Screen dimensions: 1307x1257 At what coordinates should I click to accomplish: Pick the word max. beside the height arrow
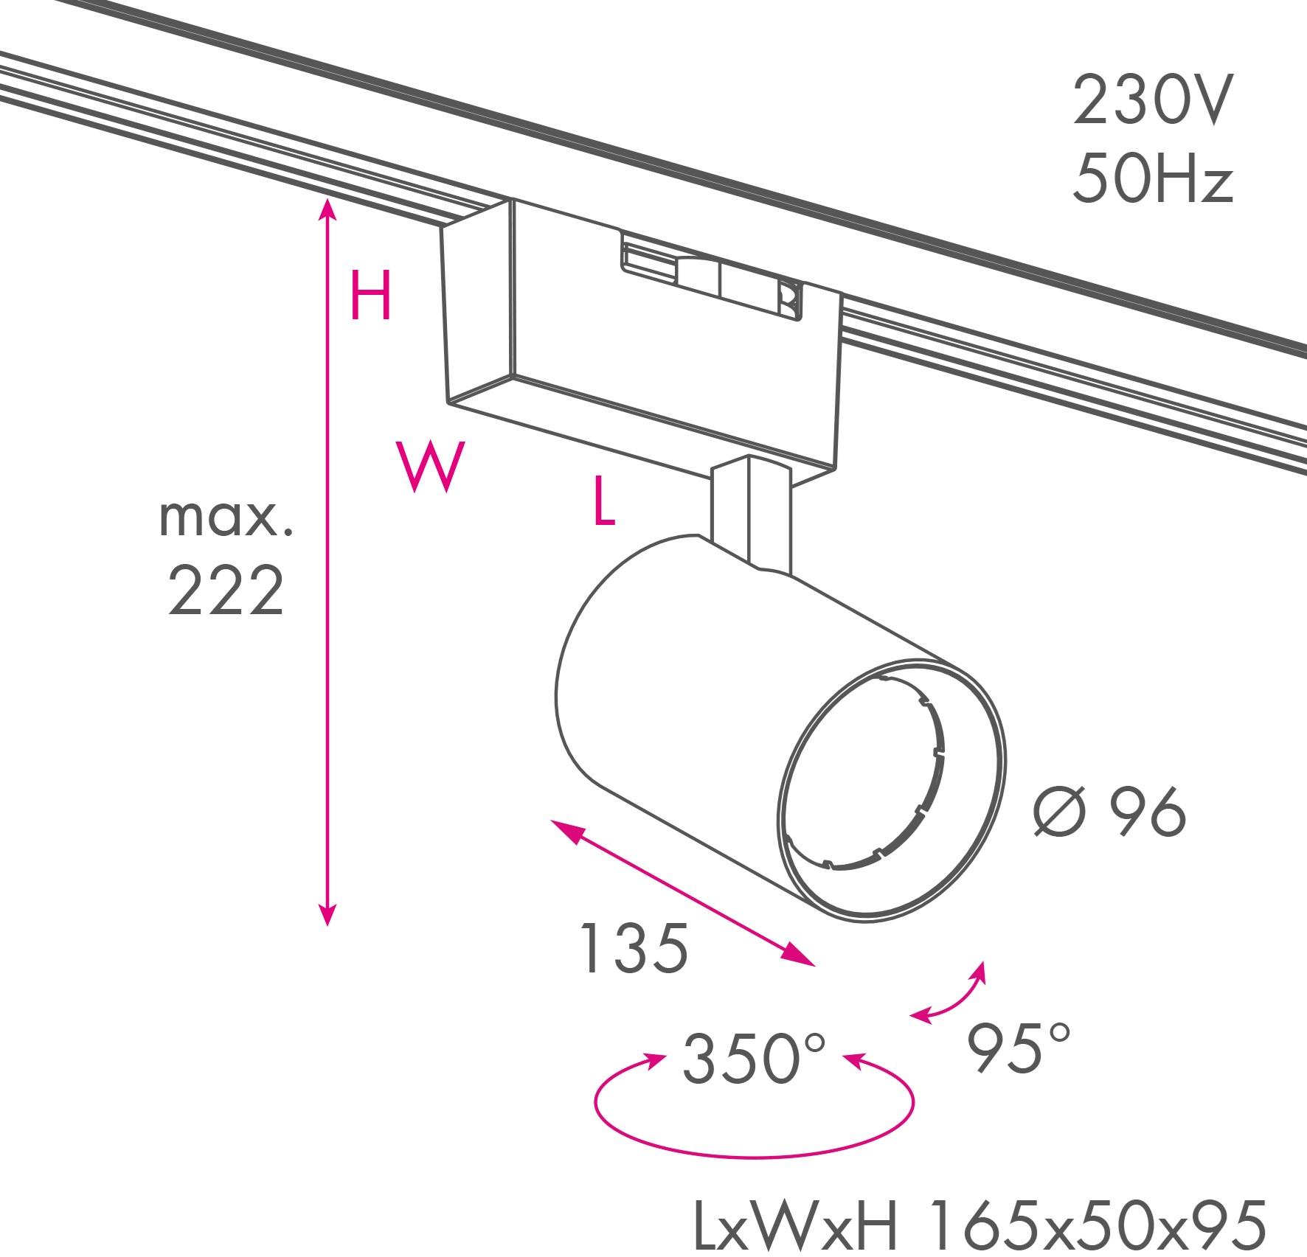pyautogui.click(x=226, y=518)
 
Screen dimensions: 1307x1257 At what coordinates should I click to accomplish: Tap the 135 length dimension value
pyautogui.click(x=634, y=947)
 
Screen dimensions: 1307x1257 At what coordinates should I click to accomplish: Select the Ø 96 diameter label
pyautogui.click(x=1110, y=812)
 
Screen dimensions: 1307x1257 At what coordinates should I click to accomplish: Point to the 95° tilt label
pyautogui.click(x=1017, y=1048)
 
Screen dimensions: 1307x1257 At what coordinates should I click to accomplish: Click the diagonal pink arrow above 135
pyautogui.click(x=683, y=893)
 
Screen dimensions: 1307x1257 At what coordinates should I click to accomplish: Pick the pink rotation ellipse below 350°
pyautogui.click(x=754, y=1155)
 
